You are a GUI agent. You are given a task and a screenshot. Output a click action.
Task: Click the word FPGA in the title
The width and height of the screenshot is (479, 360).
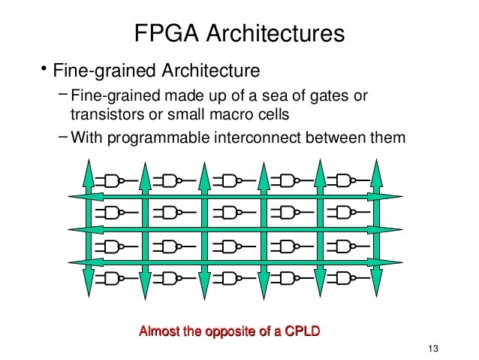(x=166, y=34)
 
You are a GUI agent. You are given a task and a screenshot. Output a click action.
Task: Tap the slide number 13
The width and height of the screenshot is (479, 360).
(x=430, y=347)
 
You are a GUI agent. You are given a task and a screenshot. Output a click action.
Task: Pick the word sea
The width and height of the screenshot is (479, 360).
(x=290, y=95)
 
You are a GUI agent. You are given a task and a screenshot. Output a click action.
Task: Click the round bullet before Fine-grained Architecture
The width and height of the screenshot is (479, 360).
(x=44, y=71)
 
